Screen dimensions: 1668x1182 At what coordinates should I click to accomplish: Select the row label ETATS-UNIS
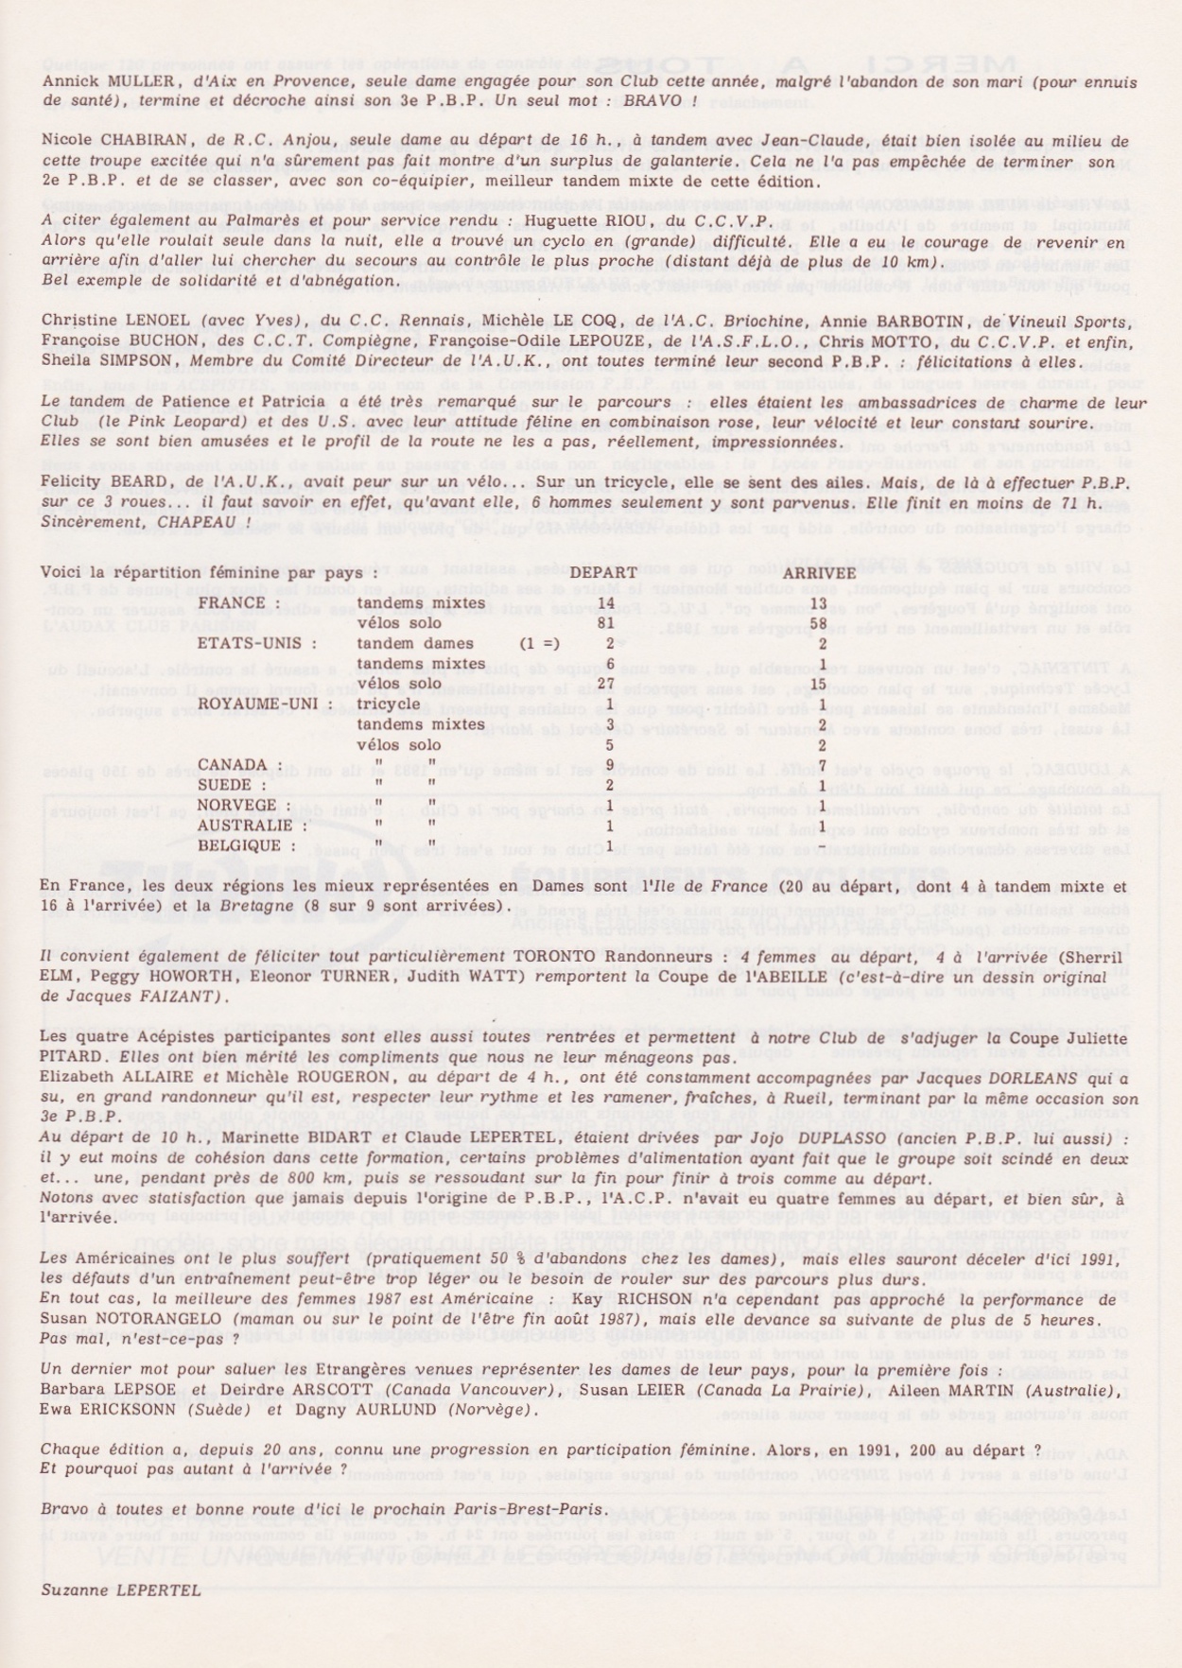click(x=256, y=643)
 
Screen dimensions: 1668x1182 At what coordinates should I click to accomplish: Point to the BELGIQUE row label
click(x=239, y=845)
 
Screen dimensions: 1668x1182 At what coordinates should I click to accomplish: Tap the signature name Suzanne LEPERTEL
click(x=120, y=1590)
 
